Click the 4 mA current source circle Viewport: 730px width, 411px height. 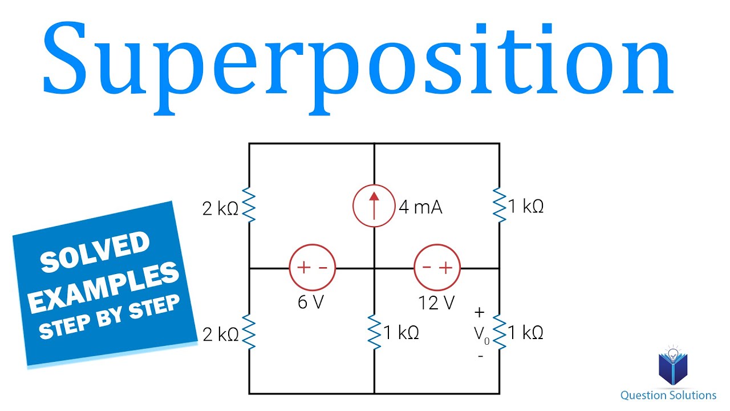tap(374, 206)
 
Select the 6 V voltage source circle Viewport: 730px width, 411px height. tap(312, 268)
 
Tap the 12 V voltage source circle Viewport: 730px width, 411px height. tap(437, 268)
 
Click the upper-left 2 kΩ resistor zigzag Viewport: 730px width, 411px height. tap(249, 206)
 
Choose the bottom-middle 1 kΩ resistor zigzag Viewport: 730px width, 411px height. tap(374, 332)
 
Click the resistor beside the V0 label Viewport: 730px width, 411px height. tap(500, 332)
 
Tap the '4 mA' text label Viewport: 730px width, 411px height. tap(420, 207)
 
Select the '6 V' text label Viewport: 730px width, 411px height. tap(311, 302)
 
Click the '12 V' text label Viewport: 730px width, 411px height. tap(436, 302)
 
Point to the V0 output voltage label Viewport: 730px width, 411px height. tap(482, 335)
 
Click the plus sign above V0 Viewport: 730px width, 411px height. tap(480, 313)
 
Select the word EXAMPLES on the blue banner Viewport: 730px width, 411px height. tap(103, 286)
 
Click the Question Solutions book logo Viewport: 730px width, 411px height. tap(674, 366)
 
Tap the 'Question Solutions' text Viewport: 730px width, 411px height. tap(668, 395)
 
